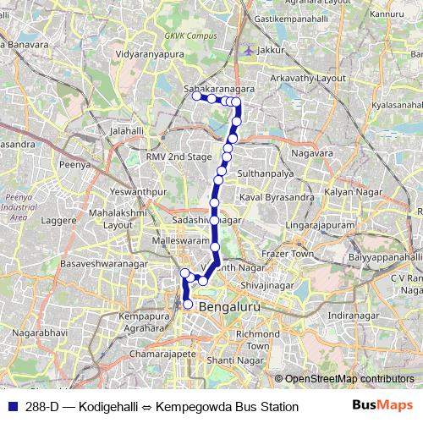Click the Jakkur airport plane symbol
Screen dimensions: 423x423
click(x=246, y=51)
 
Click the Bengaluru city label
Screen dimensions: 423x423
click(x=234, y=306)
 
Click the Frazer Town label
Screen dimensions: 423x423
click(x=288, y=253)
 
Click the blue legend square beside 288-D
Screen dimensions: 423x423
click(x=12, y=407)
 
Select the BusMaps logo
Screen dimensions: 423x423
click(x=382, y=407)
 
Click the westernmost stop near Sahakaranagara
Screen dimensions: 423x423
click(x=196, y=96)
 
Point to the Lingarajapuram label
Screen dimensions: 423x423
click(x=319, y=227)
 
